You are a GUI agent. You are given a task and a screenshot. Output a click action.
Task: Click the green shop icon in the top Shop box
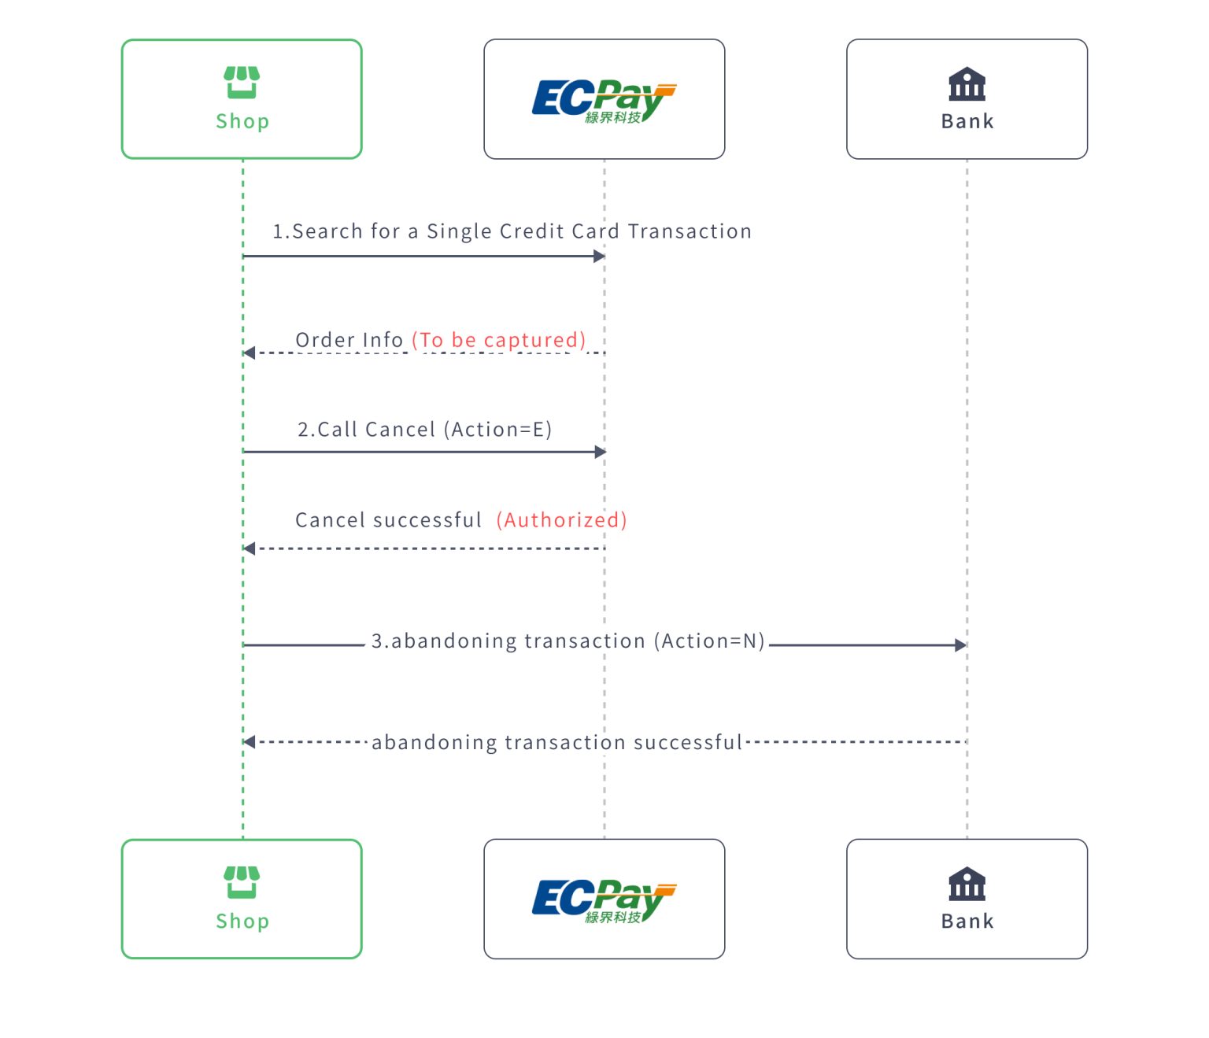pyautogui.click(x=242, y=83)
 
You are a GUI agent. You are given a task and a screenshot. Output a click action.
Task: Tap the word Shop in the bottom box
pyautogui.click(x=242, y=921)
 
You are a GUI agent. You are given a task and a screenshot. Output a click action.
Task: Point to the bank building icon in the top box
pyautogui.click(x=967, y=84)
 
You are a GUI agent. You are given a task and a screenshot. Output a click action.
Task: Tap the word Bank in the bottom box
pyautogui.click(x=967, y=921)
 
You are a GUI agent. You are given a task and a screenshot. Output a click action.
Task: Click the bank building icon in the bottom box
pyautogui.click(x=967, y=884)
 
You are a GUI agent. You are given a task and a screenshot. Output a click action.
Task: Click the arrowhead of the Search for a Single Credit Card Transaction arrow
pyautogui.click(x=599, y=256)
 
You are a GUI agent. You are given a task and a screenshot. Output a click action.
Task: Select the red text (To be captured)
pyautogui.click(x=499, y=340)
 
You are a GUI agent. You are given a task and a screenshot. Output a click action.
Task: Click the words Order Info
pyautogui.click(x=349, y=340)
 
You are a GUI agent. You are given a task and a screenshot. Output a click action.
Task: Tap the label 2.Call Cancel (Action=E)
pyautogui.click(x=424, y=430)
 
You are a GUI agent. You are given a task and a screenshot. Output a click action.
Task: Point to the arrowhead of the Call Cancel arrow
pyautogui.click(x=601, y=452)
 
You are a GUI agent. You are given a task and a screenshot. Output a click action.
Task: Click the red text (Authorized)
pyautogui.click(x=561, y=520)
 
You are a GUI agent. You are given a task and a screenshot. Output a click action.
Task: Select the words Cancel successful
pyautogui.click(x=388, y=520)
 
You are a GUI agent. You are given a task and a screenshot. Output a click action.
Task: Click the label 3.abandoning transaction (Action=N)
pyautogui.click(x=568, y=641)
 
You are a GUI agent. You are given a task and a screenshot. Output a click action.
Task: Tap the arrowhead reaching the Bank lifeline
pyautogui.click(x=960, y=645)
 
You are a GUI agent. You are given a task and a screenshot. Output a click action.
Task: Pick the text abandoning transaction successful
pyautogui.click(x=556, y=743)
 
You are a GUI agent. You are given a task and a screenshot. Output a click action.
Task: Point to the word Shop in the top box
pyautogui.click(x=242, y=121)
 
